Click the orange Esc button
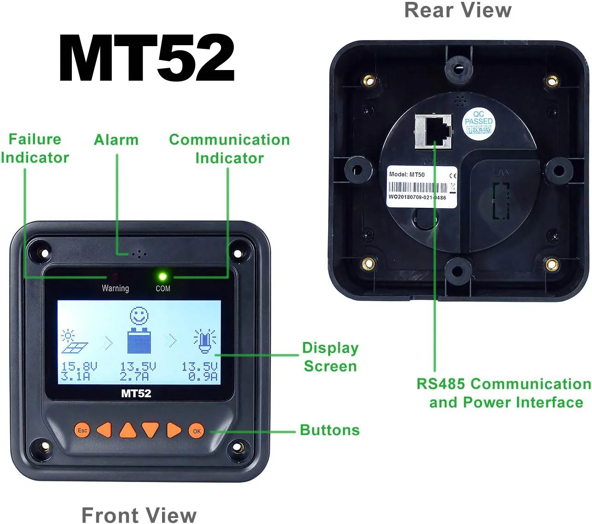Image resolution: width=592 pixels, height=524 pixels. [x=82, y=430]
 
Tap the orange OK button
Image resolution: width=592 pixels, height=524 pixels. [x=197, y=431]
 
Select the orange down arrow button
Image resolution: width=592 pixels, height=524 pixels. [x=150, y=430]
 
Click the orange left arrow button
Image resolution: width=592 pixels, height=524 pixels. [x=104, y=430]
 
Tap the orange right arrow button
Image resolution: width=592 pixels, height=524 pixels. [x=174, y=430]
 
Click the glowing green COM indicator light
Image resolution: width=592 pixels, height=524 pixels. [x=163, y=277]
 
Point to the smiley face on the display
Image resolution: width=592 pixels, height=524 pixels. [x=139, y=317]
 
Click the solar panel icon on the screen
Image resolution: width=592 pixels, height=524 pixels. [x=74, y=342]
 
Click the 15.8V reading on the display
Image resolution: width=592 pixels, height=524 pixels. [x=79, y=367]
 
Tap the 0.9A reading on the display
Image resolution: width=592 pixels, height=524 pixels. [x=203, y=377]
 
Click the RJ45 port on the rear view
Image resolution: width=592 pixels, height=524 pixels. [x=434, y=131]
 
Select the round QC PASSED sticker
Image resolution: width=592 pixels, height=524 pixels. [x=478, y=123]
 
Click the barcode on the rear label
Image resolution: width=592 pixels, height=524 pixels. [x=417, y=188]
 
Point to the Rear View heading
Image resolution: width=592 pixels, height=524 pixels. [x=458, y=10]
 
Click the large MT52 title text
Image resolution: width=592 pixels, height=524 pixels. [x=147, y=58]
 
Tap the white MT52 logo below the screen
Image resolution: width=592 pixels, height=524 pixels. [x=136, y=393]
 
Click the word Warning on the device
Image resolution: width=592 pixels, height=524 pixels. [x=115, y=288]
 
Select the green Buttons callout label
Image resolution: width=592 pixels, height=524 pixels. [x=330, y=430]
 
